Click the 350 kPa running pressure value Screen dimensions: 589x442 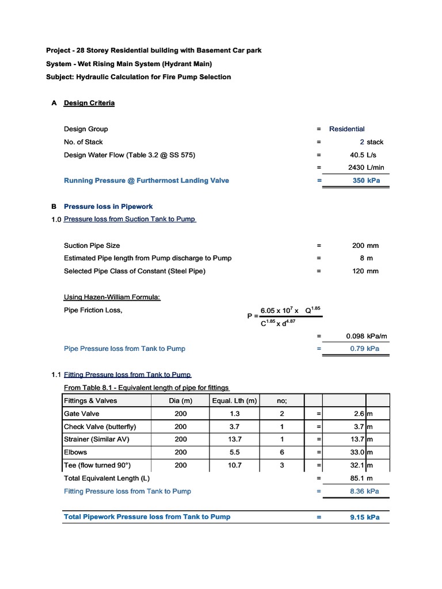click(365, 181)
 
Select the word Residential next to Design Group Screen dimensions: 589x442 click(346, 129)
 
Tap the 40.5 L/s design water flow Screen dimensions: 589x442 click(363, 155)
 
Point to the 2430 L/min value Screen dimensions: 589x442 click(366, 167)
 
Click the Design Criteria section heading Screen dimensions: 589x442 click(89, 103)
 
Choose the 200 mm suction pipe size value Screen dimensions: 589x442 click(365, 246)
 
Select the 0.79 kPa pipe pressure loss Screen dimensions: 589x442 click(365, 349)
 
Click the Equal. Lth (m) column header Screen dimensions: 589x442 click(234, 401)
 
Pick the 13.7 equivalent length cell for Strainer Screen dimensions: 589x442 click(234, 439)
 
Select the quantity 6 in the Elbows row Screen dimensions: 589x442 click(282, 452)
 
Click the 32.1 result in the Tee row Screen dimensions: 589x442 click(357, 465)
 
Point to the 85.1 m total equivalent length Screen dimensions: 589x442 click(361, 478)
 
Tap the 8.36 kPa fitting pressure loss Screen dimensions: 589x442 click(364, 491)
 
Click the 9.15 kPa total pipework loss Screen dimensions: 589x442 click(365, 517)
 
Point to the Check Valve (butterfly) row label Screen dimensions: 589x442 click(100, 427)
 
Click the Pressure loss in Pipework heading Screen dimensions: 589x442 click(108, 206)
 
